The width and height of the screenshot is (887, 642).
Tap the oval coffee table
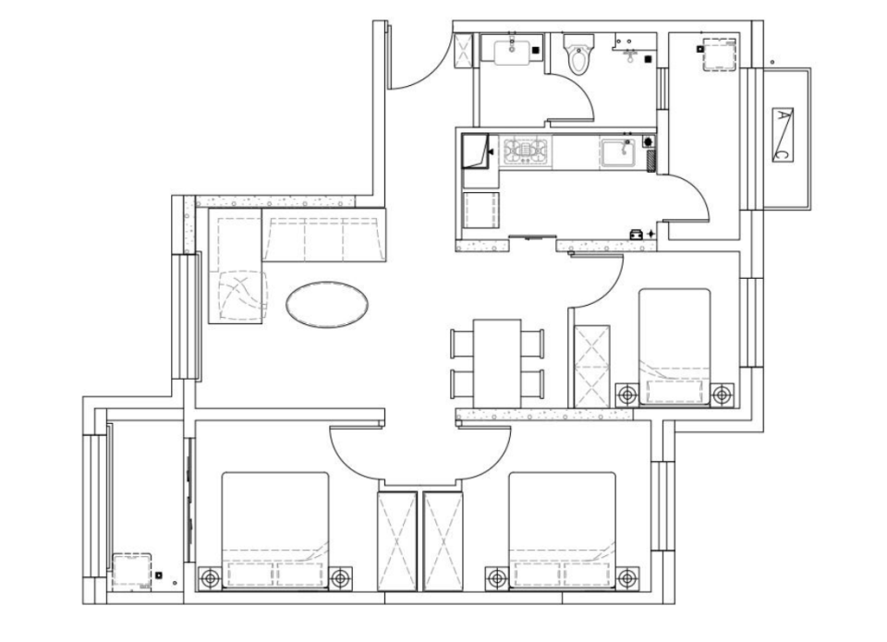326,304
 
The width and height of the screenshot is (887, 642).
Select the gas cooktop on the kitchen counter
528,151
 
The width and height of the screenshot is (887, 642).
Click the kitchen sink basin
618,151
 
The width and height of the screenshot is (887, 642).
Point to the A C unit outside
783,135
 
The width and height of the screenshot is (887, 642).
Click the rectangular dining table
497,364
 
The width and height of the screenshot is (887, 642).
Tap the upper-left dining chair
461,344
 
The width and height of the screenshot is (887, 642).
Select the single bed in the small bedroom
674,346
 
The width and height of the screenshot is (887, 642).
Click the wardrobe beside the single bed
591,366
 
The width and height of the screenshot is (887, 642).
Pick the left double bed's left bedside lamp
211,578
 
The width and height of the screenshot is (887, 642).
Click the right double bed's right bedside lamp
626,578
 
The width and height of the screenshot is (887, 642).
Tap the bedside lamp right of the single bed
723,394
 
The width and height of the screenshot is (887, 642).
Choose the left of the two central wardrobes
397,541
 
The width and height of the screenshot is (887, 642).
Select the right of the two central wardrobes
443,541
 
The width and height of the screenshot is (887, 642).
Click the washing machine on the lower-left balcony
132,573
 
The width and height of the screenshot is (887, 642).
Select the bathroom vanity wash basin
511,53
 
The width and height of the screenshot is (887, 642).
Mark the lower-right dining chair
533,384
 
